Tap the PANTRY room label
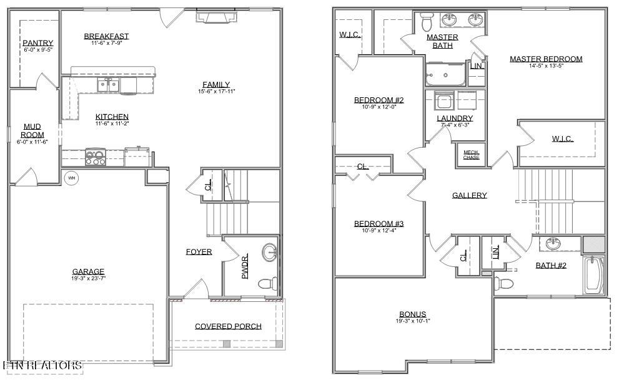[x=38, y=43]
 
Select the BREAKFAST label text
[x=106, y=36]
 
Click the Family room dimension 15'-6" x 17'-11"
[x=216, y=92]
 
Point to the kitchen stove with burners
[x=96, y=157]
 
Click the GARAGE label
[x=88, y=271]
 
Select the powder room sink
[x=270, y=253]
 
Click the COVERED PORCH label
[x=228, y=326]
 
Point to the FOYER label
[x=199, y=252]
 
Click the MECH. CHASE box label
[x=471, y=155]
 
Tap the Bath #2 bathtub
[x=593, y=274]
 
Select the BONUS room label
[x=413, y=314]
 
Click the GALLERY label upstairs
[x=469, y=195]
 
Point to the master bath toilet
[x=428, y=22]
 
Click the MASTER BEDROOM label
[x=545, y=59]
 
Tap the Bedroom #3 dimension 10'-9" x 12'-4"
[x=379, y=231]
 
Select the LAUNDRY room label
[x=455, y=118]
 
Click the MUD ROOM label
[x=32, y=130]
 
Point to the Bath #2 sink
[x=553, y=243]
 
